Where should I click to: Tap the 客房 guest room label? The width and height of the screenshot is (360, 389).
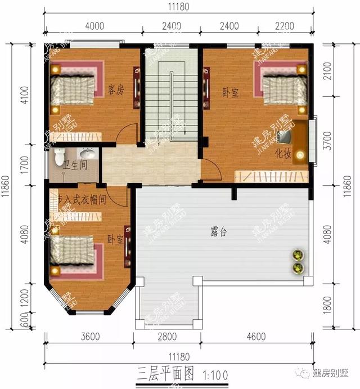coord(116,90)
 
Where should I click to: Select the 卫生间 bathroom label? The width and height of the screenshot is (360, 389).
coord(74,165)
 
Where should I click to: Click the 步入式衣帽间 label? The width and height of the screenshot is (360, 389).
coord(82,200)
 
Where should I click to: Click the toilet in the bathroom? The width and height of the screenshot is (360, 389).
coord(60,157)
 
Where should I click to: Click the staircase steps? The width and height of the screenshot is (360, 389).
coord(171,101)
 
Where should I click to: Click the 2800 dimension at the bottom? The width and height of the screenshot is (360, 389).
coord(166,337)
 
